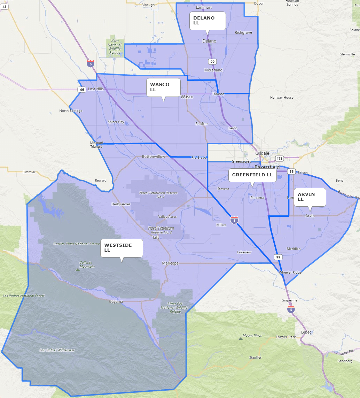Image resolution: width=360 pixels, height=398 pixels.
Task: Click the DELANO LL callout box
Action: click(208, 21)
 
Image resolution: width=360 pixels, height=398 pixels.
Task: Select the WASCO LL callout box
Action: click(163, 87)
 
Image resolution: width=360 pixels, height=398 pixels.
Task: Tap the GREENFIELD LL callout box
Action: click(252, 175)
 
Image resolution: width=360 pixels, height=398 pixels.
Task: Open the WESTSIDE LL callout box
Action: click(122, 248)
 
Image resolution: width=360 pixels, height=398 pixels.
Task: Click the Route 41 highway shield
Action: click(4, 6)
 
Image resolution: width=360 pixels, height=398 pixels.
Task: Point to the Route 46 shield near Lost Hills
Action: click(82, 90)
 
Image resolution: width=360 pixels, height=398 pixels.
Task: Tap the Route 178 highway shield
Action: click(279, 159)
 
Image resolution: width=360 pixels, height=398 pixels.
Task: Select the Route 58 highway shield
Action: click(291, 171)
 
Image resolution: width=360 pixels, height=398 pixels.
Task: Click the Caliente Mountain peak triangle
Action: click(77, 269)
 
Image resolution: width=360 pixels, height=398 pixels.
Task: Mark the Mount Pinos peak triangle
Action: click(240, 338)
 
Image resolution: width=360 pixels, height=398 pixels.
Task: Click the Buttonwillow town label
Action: click(154, 156)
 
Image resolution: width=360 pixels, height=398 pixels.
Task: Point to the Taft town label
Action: click(156, 237)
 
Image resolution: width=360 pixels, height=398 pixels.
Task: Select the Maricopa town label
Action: click(170, 263)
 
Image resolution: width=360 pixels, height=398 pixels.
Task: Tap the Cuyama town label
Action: click(116, 301)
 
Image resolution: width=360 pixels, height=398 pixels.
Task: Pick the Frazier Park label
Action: click(285, 337)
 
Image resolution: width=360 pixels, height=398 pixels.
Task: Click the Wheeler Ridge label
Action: click(290, 272)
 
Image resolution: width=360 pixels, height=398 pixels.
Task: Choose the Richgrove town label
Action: click(243, 32)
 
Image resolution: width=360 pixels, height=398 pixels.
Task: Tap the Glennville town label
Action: click(347, 54)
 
